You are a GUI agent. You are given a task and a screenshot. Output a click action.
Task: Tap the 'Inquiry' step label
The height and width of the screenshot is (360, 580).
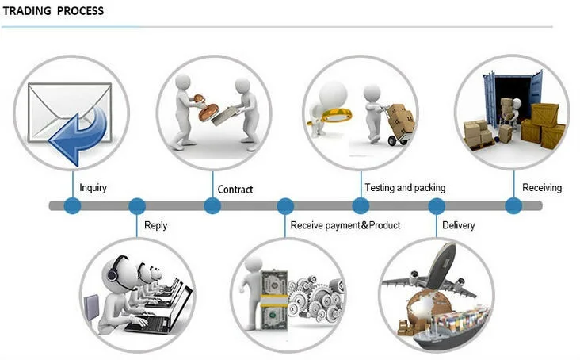(x=93, y=188)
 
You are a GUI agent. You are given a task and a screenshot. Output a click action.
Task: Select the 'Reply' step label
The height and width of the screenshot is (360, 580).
(x=156, y=225)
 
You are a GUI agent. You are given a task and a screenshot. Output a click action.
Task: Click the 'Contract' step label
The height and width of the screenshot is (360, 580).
(x=235, y=190)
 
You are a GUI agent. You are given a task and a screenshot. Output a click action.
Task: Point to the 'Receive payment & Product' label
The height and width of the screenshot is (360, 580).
(x=345, y=225)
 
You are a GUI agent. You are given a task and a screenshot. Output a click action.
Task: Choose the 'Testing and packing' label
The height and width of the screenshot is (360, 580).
(x=405, y=188)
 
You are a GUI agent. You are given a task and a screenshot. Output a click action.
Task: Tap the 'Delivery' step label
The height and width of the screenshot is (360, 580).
(x=459, y=225)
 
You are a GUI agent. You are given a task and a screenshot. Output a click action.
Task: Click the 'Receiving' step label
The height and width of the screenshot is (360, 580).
(x=542, y=188)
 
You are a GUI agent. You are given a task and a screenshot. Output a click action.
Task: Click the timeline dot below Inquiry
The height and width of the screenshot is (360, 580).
(x=73, y=206)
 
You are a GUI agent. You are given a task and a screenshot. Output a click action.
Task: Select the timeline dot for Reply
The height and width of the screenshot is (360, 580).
(x=137, y=206)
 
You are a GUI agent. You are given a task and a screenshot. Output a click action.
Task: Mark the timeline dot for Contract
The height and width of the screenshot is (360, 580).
(x=212, y=206)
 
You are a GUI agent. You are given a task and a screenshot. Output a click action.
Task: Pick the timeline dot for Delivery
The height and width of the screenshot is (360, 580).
(x=437, y=206)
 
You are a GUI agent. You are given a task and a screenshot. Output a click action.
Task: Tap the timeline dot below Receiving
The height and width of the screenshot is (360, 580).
(x=513, y=206)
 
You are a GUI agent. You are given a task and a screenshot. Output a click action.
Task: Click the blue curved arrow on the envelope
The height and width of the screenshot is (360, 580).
(x=78, y=132)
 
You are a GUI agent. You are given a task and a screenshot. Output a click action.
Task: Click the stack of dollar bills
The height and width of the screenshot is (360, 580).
(x=273, y=297)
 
